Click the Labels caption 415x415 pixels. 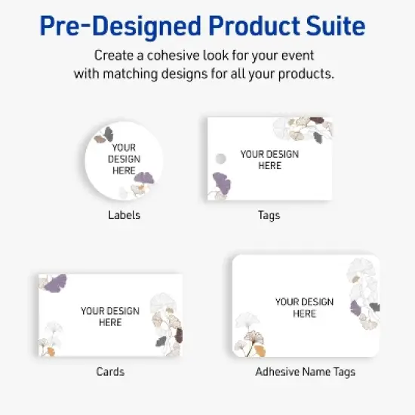pos(124,215)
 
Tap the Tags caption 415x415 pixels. pos(269,215)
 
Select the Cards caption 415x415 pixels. pos(110,371)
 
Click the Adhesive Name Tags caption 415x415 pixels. pos(305,371)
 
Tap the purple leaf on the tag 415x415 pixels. pos(221,183)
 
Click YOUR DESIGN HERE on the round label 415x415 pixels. pos(123,159)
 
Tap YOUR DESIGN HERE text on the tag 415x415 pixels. pos(269,159)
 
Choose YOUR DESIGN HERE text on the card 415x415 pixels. pos(110,316)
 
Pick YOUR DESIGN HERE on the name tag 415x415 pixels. pos(304,307)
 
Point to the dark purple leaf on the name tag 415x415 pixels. pos(356,307)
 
